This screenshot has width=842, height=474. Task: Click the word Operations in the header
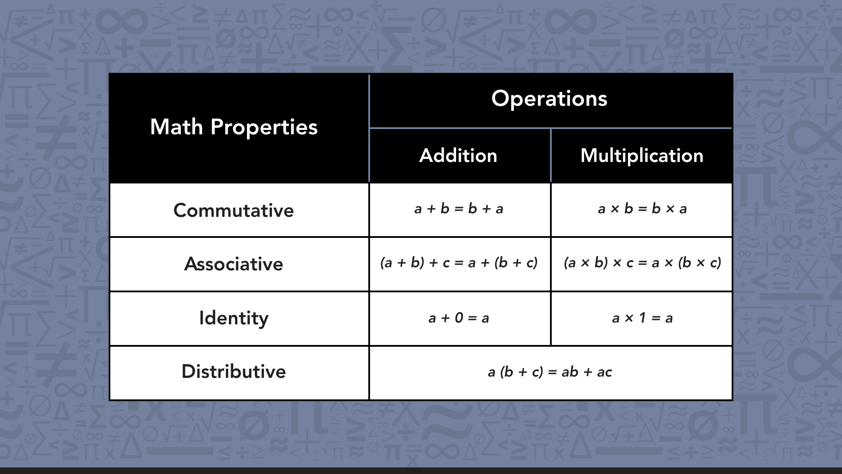click(549, 99)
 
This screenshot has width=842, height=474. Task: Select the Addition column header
click(458, 156)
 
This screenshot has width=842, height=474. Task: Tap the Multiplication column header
click(642, 156)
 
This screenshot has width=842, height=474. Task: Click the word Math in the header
click(176, 127)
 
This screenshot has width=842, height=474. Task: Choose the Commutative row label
click(233, 211)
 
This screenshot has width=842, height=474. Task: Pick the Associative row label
click(233, 264)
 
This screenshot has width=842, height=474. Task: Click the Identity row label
click(233, 318)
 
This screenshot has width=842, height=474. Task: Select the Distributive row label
click(233, 372)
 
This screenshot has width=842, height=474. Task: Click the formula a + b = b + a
click(459, 209)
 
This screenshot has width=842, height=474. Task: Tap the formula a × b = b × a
click(642, 209)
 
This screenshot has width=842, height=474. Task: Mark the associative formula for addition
click(459, 263)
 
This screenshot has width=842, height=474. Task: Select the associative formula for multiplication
click(642, 263)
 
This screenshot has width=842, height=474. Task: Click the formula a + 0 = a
click(459, 318)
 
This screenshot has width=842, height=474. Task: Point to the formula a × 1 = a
click(642, 318)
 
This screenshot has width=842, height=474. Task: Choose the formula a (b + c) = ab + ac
click(549, 372)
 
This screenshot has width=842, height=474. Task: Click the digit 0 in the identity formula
click(459, 317)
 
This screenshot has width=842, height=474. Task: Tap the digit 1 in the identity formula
click(642, 317)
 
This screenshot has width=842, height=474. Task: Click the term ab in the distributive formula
click(570, 372)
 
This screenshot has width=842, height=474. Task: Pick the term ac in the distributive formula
click(604, 373)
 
